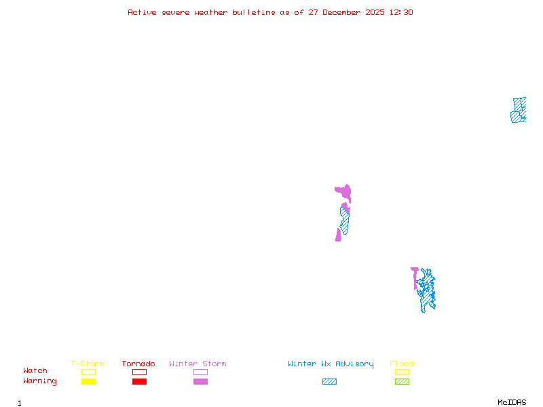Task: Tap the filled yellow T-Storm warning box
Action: pos(88,382)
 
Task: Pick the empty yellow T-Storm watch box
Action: pos(88,372)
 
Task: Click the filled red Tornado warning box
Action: pos(139,382)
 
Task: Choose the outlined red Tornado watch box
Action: pos(139,372)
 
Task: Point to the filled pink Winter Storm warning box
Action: pos(200,382)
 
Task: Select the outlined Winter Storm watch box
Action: pos(200,372)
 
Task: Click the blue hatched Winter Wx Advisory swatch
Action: pos(329,382)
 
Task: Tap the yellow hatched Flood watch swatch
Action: pos(402,372)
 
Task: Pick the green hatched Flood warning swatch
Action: pos(402,382)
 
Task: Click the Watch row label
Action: pos(35,371)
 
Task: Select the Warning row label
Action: pos(40,381)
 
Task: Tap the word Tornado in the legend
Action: pos(138,364)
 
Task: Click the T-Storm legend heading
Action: pos(88,364)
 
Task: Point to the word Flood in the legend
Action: pos(402,364)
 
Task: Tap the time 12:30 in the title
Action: pos(400,12)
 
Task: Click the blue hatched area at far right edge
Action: pos(519,110)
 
